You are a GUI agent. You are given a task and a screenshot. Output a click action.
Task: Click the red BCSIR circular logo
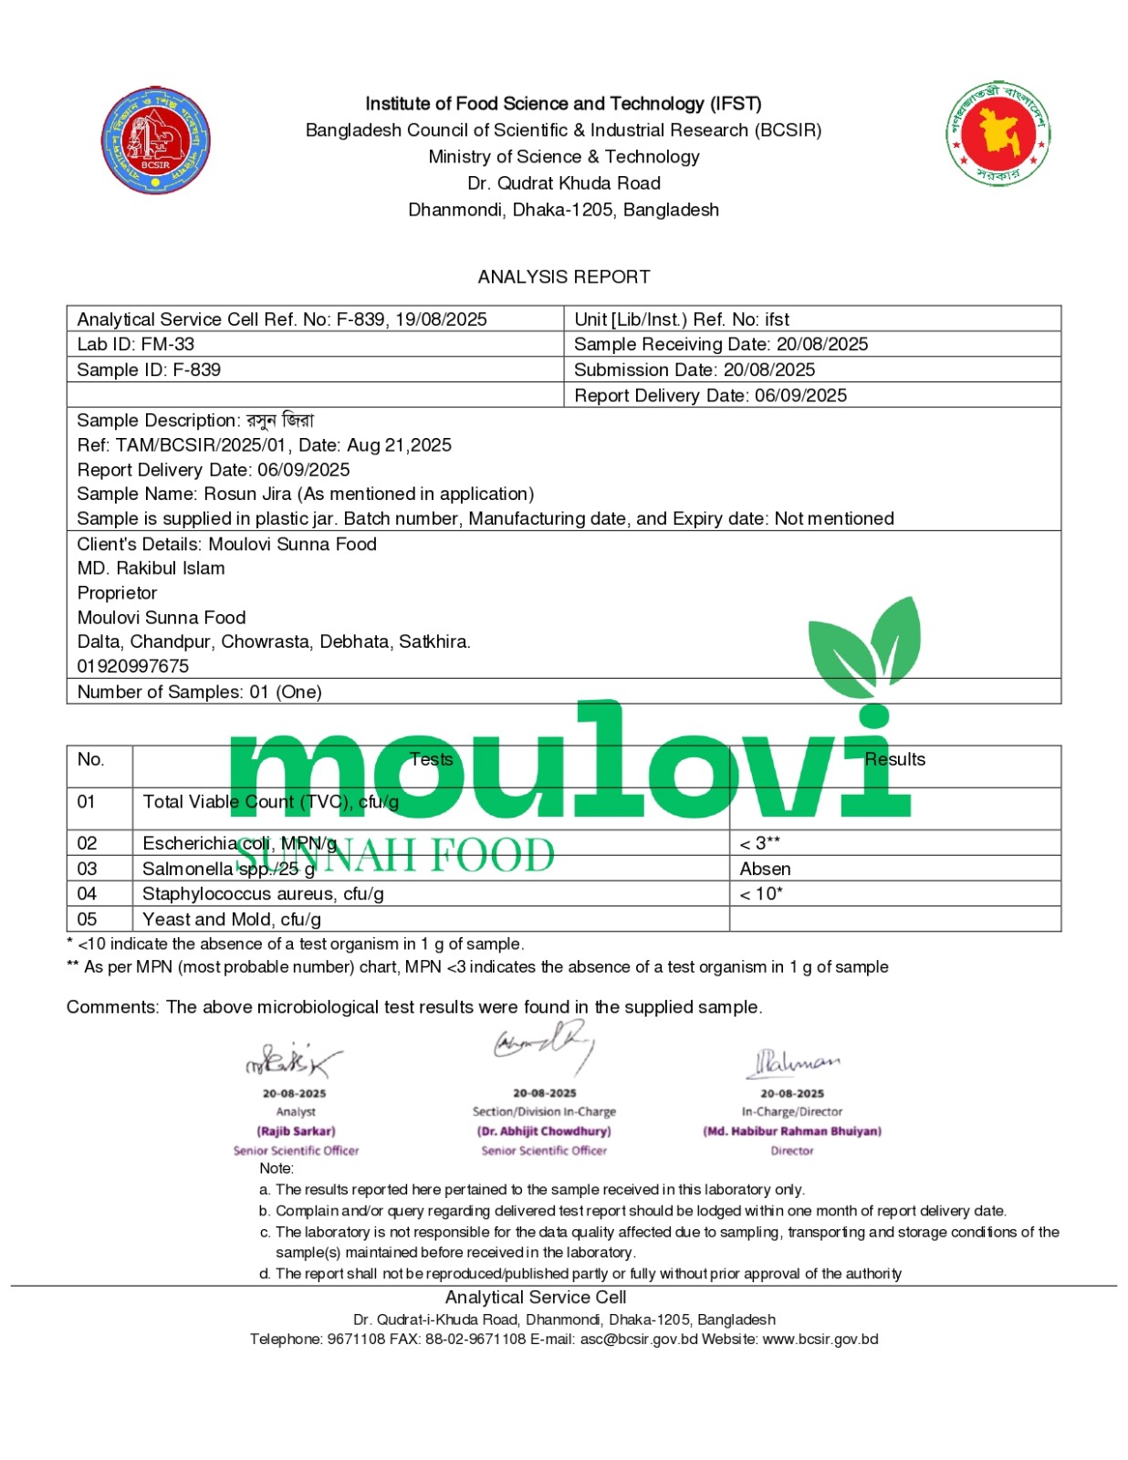click(155, 141)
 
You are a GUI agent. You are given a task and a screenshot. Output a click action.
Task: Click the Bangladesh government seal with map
click(997, 134)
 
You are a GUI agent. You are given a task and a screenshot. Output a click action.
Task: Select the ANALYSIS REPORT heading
click(564, 276)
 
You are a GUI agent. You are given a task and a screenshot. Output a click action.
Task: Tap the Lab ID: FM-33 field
click(135, 344)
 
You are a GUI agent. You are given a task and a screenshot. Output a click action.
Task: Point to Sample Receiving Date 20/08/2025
click(720, 344)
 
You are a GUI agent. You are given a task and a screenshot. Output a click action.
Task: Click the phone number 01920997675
click(132, 666)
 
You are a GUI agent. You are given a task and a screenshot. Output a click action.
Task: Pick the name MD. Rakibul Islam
click(151, 568)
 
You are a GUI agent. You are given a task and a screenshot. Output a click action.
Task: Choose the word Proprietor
click(117, 592)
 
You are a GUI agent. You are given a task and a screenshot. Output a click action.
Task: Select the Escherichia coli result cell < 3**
click(759, 843)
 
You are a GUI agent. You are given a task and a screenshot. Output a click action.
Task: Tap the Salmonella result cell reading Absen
click(765, 869)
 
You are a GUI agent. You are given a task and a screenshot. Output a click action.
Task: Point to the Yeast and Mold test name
click(232, 919)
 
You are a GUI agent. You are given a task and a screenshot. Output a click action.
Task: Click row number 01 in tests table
click(87, 801)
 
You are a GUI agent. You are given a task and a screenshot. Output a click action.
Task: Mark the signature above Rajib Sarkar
click(292, 1060)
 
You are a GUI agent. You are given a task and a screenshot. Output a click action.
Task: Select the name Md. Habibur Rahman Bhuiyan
click(791, 1131)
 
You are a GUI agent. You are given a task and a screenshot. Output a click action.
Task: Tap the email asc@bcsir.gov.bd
click(638, 1339)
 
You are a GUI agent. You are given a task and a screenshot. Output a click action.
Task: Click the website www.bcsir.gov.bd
click(820, 1339)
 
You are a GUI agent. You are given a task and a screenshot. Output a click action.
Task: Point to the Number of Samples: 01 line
click(199, 692)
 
